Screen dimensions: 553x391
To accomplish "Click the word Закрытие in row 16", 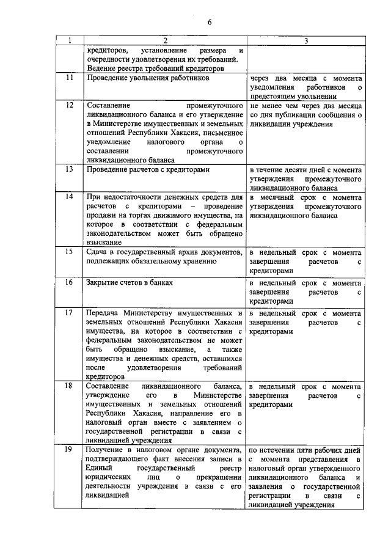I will (x=103, y=283).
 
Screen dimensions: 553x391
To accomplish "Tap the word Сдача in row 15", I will (x=98, y=252).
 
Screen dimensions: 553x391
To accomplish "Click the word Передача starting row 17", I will (x=104, y=313).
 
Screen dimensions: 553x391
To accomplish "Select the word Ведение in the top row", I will (x=101, y=69).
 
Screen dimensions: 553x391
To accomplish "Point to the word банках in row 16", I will (x=160, y=283).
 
